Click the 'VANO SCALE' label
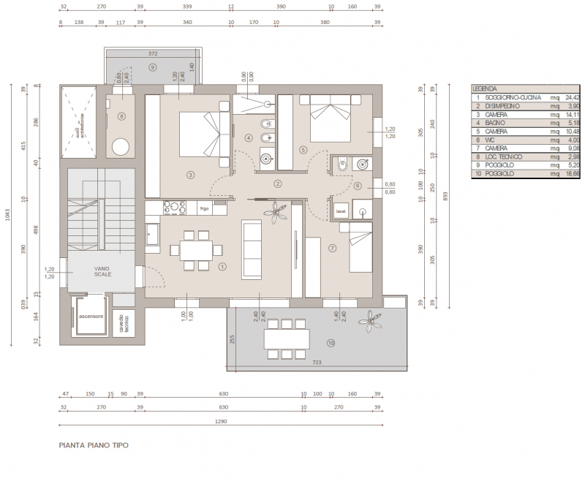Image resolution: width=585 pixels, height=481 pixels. (x=102, y=272)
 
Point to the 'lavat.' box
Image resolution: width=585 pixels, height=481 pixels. (x=341, y=212)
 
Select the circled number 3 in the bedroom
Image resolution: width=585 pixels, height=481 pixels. (x=190, y=175)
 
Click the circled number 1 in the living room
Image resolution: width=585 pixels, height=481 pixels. (x=222, y=267)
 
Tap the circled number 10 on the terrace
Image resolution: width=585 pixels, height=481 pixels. (x=331, y=343)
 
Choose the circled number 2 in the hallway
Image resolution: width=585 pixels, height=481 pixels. (x=278, y=184)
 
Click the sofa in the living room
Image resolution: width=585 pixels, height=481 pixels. (x=252, y=249)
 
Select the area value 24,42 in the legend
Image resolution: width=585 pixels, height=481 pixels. (x=573, y=96)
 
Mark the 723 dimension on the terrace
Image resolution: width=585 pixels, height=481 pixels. (x=317, y=363)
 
